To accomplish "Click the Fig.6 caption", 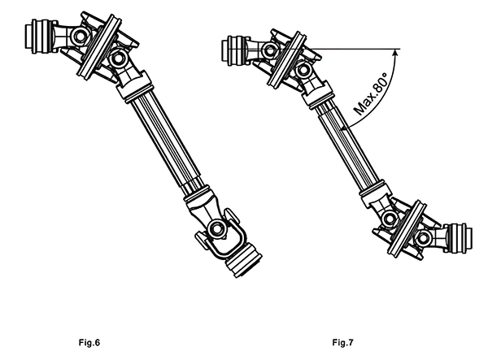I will coord(85,336).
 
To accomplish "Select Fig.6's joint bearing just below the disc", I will coord(117,59).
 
